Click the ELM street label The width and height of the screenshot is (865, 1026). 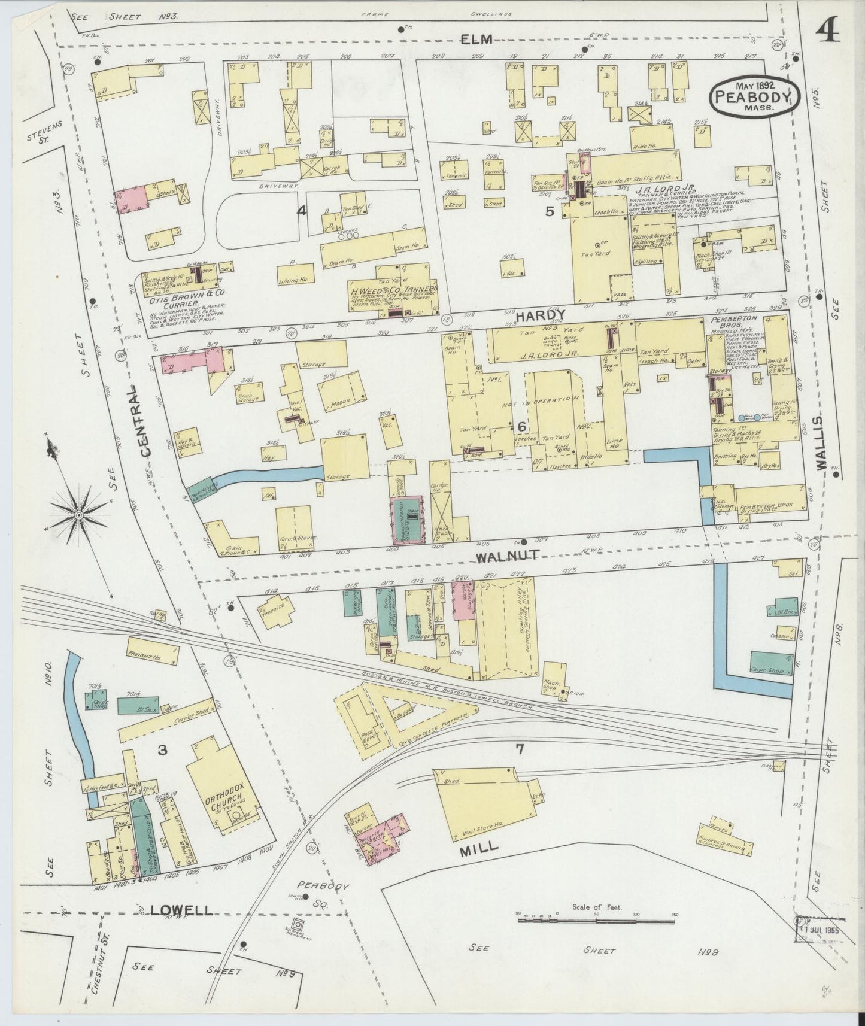pyautogui.click(x=476, y=40)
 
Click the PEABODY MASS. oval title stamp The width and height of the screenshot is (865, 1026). pyautogui.click(x=755, y=96)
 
